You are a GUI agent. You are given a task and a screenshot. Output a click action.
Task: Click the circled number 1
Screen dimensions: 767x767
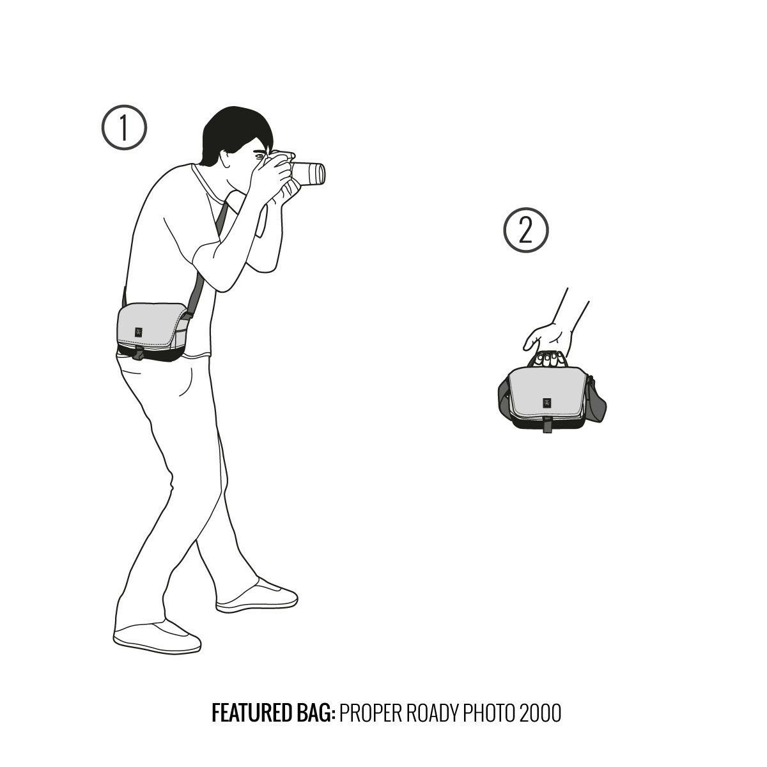[x=124, y=127]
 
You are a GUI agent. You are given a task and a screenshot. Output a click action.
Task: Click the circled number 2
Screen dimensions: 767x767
[x=526, y=230]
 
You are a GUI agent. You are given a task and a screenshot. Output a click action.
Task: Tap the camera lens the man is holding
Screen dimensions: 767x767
[x=309, y=174]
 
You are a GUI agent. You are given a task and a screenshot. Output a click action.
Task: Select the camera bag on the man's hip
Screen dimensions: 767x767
[x=153, y=332]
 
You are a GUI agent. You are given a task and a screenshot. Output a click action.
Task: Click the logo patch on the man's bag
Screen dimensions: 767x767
[x=139, y=332]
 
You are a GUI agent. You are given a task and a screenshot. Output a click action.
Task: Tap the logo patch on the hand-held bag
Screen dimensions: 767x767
[x=545, y=403]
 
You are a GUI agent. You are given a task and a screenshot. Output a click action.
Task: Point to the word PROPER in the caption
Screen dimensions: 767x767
[x=371, y=724]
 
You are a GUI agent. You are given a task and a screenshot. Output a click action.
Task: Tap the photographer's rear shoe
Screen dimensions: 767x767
[x=157, y=638]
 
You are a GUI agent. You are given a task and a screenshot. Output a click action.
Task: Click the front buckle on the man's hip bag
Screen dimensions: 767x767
[x=139, y=353]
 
